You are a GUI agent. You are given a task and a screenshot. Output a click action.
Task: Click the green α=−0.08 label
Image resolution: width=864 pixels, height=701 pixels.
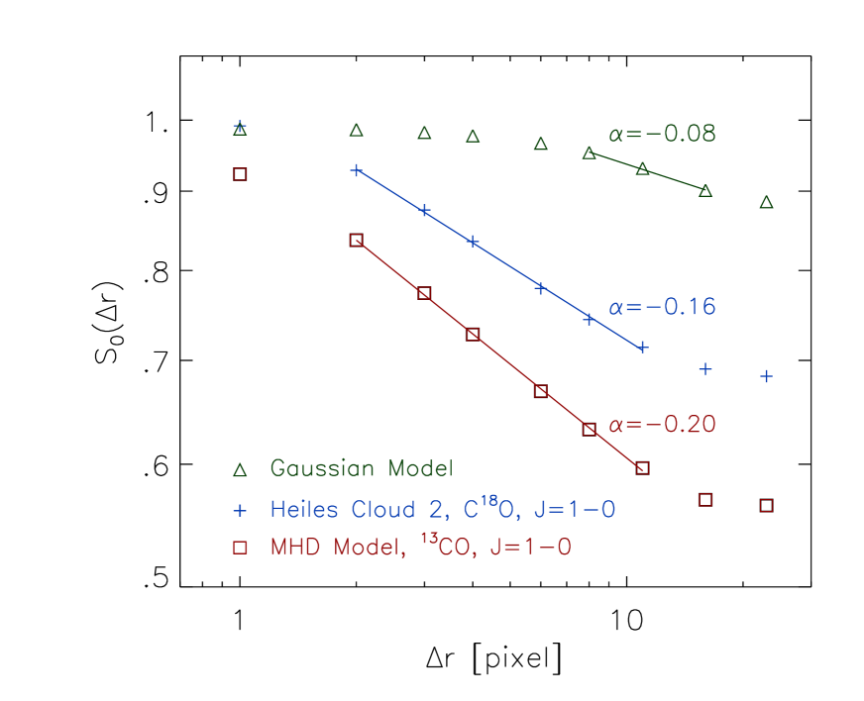coord(662,135)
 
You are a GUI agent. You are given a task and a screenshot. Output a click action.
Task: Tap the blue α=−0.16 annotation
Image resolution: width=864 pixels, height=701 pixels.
coord(662,307)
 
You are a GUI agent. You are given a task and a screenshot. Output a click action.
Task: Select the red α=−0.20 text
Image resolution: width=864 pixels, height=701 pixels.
coord(662,425)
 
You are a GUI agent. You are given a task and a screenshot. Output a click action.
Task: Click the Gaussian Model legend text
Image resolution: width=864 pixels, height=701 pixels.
coord(361,468)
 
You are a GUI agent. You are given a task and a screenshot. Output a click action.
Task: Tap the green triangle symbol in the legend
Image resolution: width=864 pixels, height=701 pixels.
coord(240,468)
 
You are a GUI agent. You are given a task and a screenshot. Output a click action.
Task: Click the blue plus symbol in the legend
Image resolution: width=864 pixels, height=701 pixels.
coord(240,510)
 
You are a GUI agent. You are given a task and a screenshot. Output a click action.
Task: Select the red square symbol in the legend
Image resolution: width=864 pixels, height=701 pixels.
coord(240,548)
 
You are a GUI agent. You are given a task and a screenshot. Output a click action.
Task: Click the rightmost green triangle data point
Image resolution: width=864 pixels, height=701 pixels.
coord(766,202)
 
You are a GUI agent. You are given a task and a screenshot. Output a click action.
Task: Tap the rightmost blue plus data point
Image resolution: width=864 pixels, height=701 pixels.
coord(766,376)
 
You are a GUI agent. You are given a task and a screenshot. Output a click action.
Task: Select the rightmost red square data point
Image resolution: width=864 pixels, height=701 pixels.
coord(766,505)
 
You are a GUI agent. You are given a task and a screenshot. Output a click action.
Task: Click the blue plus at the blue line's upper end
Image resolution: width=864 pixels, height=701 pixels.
coord(357,170)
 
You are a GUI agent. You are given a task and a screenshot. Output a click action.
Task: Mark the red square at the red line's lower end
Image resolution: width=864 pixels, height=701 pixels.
coord(642,467)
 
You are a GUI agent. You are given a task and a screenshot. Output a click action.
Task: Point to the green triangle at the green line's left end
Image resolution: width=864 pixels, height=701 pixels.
coord(589,152)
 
